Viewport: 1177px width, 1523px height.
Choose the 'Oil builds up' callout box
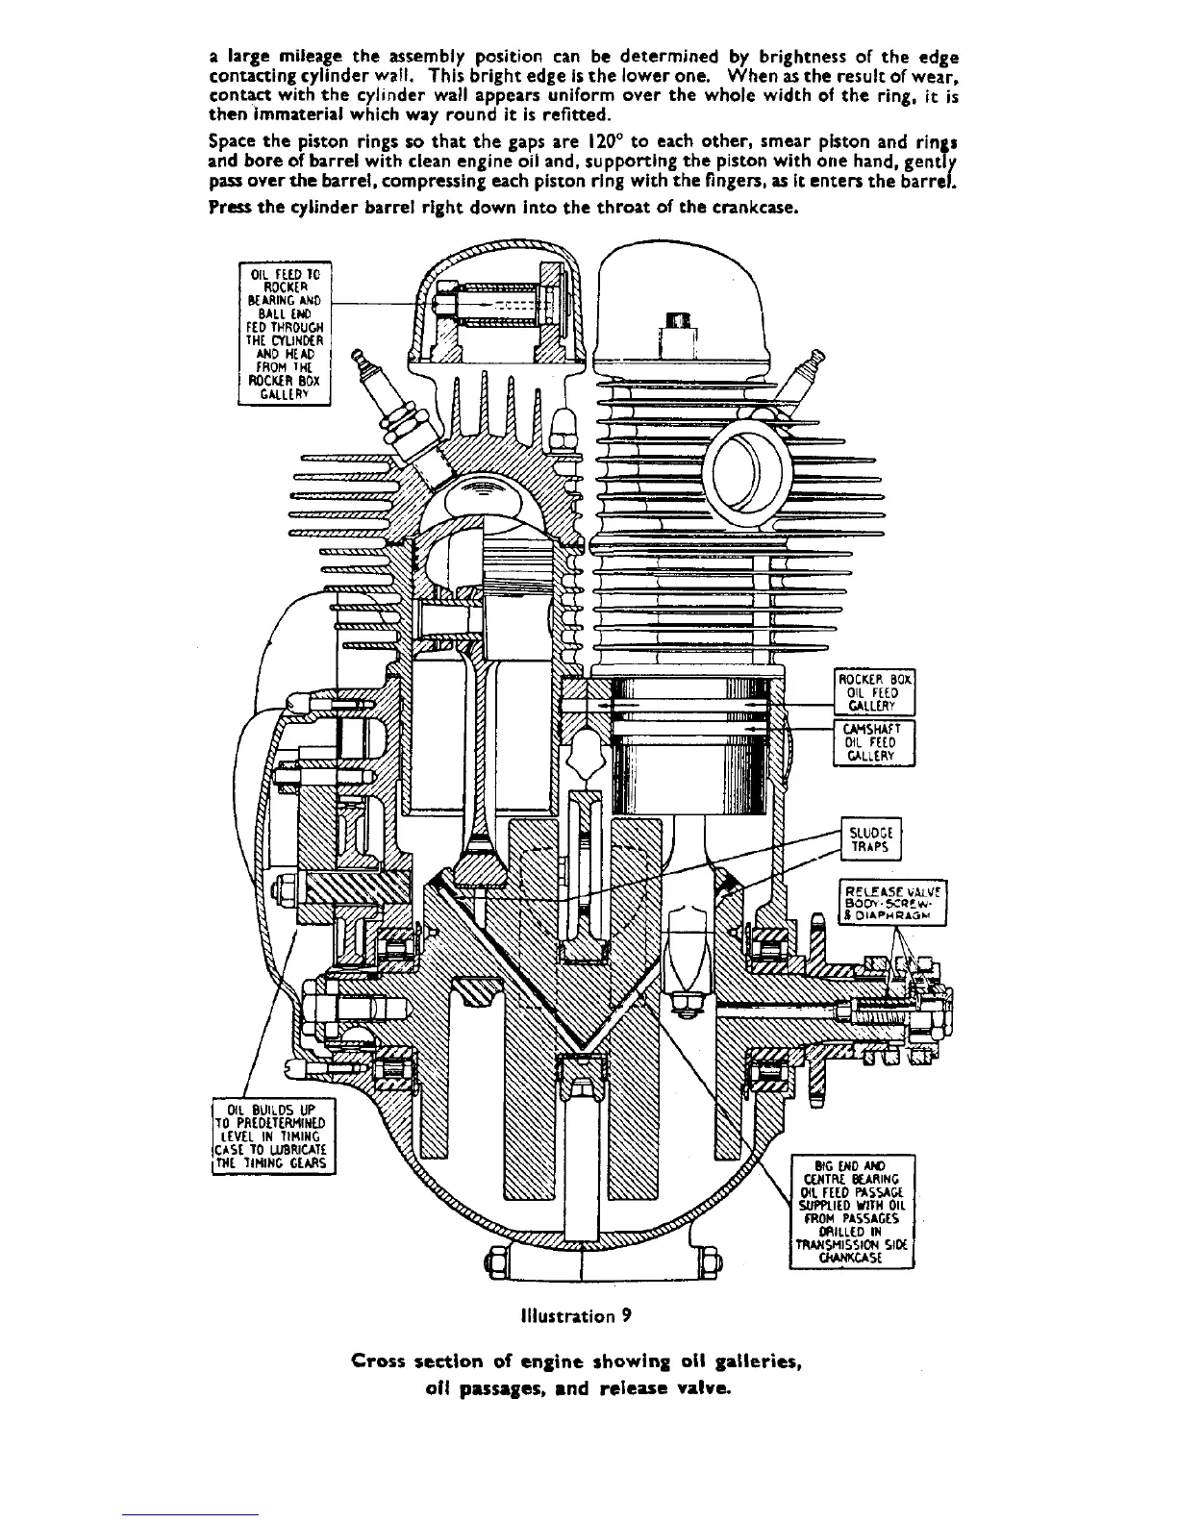pos(274,1135)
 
